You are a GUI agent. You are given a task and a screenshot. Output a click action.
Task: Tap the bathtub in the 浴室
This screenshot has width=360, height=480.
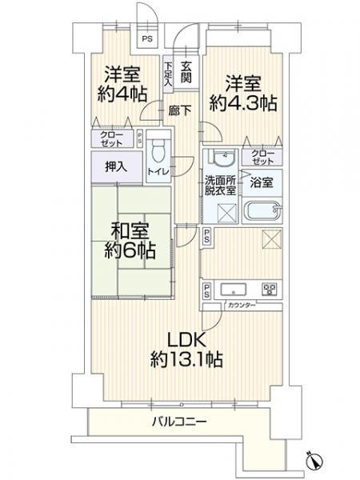pyautogui.click(x=262, y=211)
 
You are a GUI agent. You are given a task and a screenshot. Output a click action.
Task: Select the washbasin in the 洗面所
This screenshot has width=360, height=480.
pyautogui.click(x=224, y=158)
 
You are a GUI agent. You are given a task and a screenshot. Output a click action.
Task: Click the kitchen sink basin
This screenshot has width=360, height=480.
pyautogui.click(x=234, y=289)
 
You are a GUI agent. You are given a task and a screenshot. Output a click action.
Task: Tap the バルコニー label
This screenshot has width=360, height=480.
pyautogui.click(x=179, y=422)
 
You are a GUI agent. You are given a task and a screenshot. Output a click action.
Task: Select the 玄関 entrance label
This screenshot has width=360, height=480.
pyautogui.click(x=186, y=73)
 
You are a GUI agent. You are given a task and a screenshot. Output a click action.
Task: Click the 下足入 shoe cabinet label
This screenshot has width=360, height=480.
pyautogui.click(x=168, y=74)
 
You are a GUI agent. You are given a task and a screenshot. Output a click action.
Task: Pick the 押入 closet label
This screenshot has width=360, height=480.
pyautogui.click(x=116, y=167)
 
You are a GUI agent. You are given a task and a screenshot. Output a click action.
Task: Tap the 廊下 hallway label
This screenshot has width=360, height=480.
pyautogui.click(x=180, y=110)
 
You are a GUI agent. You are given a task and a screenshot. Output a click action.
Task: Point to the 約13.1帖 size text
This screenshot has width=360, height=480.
pyautogui.click(x=186, y=358)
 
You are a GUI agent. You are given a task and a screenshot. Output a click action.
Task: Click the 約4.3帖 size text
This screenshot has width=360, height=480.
pyautogui.click(x=243, y=103)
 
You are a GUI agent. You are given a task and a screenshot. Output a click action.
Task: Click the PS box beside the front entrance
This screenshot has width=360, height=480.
pyautogui.click(x=147, y=39)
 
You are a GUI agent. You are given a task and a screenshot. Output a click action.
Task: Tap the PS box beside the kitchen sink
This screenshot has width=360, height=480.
pyautogui.click(x=207, y=291)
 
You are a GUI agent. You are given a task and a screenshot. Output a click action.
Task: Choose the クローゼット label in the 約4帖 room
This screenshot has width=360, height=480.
pyautogui.click(x=112, y=139)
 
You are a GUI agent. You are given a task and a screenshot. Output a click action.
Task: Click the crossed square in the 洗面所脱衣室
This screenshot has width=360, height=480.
pyautogui.click(x=227, y=212)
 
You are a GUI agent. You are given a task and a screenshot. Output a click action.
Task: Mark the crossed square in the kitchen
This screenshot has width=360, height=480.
pyautogui.click(x=272, y=238)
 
